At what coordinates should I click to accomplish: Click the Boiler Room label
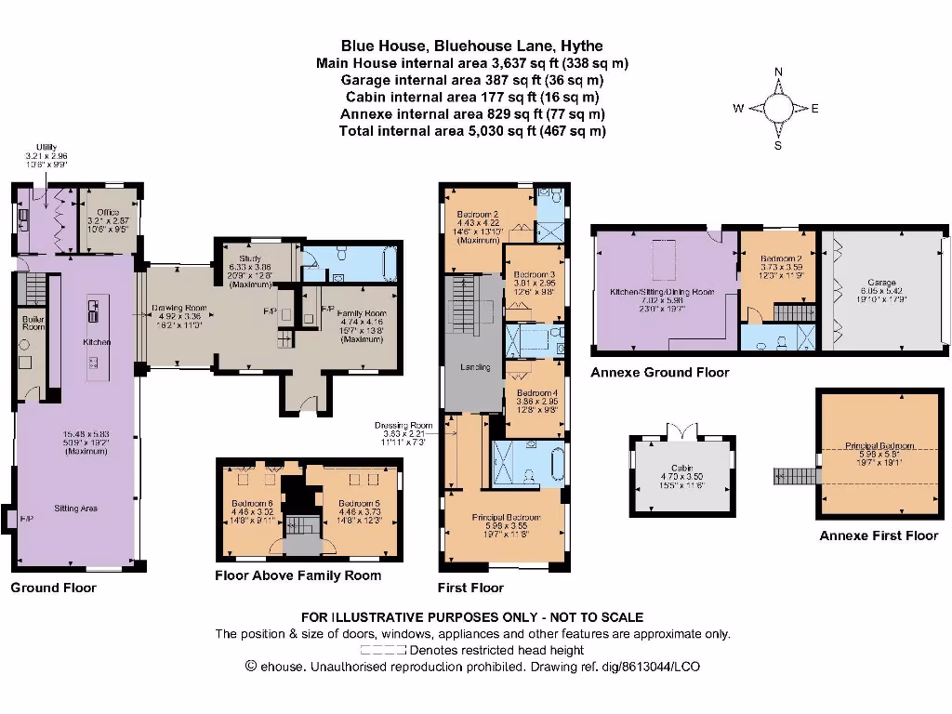[x=33, y=323]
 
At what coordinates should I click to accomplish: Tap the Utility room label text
[x=46, y=147]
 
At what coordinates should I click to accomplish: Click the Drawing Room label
[x=178, y=308]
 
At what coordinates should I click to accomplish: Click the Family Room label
[x=361, y=314]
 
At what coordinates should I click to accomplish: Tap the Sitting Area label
[x=76, y=509]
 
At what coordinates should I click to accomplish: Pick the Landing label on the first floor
[x=475, y=368]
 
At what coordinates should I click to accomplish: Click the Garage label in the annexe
[x=882, y=283]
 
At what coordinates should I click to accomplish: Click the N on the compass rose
[x=779, y=72]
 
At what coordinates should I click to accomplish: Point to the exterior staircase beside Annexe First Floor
[x=792, y=476]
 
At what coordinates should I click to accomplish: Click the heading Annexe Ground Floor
[x=659, y=373]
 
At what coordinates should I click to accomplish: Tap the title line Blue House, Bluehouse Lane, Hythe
[x=471, y=45]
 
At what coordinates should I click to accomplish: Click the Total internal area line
[x=471, y=131]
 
